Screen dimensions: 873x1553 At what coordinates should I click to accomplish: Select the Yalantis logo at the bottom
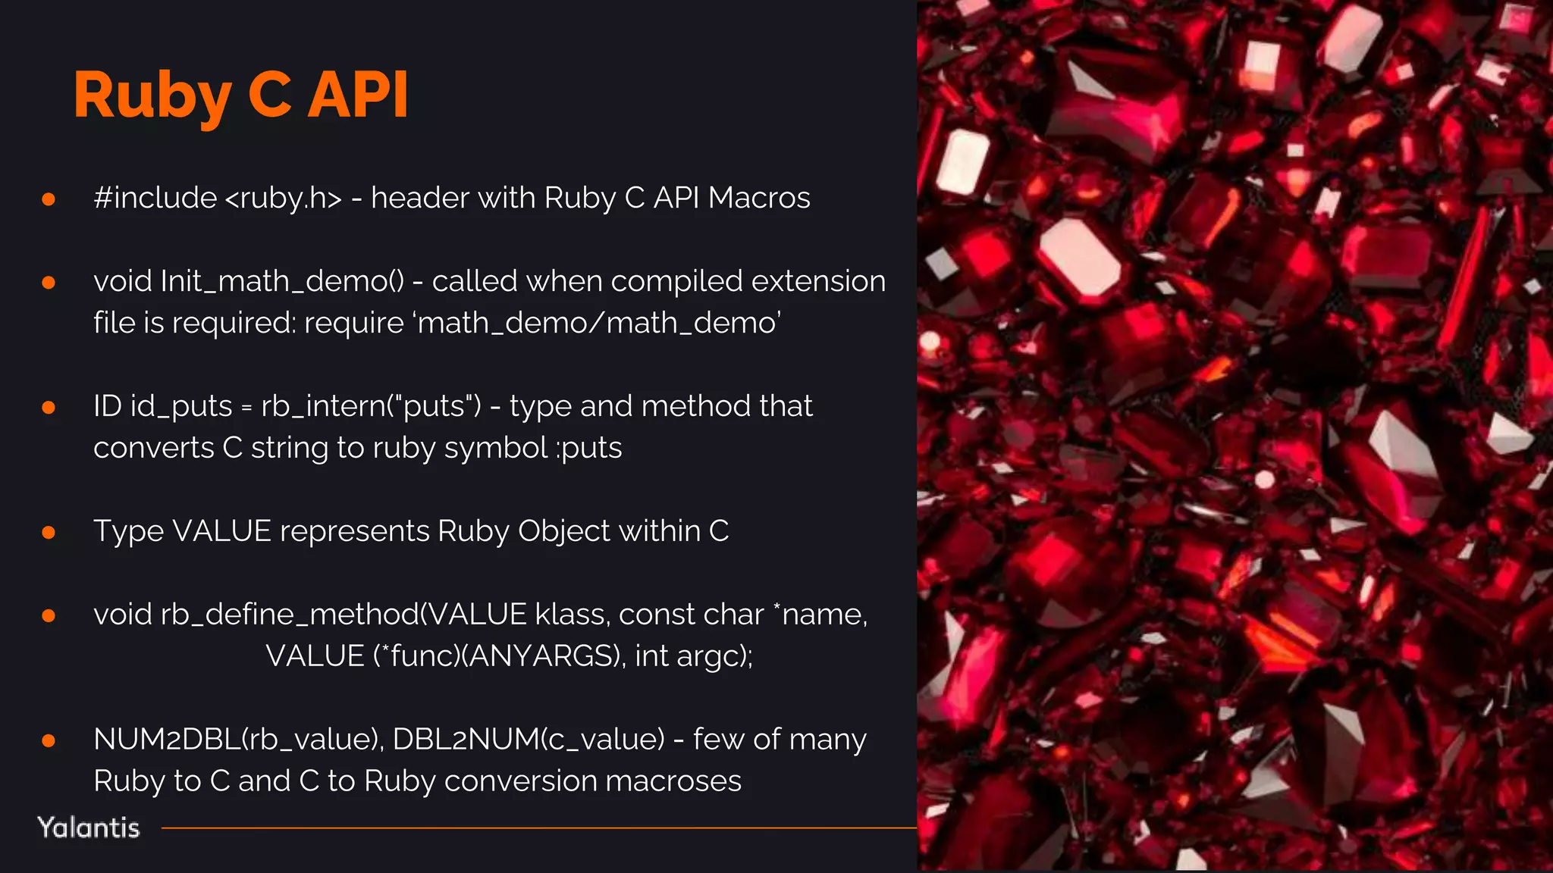tap(89, 828)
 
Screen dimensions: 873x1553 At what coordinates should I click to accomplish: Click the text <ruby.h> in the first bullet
tap(284, 198)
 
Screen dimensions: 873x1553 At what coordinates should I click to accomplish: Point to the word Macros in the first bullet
tap(759, 198)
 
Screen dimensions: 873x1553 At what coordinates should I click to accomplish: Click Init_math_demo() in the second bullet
tap(282, 281)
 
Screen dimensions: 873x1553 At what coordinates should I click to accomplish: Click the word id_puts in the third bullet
tap(181, 407)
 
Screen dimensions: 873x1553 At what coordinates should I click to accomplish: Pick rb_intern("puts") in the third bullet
tap(371, 407)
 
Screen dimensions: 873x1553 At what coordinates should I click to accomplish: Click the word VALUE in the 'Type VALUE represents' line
tap(221, 531)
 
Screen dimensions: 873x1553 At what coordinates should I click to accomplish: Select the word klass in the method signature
tap(568, 615)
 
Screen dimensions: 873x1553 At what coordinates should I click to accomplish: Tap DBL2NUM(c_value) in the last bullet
tap(529, 740)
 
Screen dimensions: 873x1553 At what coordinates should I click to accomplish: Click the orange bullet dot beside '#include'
tap(49, 199)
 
